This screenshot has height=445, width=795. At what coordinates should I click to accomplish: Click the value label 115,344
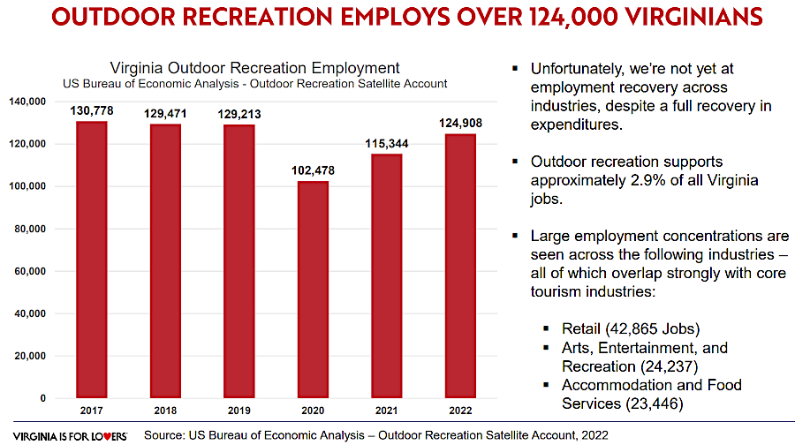point(387,143)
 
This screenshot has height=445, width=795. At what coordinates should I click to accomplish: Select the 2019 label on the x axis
point(239,411)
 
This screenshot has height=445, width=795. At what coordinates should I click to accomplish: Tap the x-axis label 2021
point(387,411)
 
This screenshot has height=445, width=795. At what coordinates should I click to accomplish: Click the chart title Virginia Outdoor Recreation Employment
point(254,68)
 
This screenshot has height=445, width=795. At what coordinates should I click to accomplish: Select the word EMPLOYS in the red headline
point(390,19)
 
